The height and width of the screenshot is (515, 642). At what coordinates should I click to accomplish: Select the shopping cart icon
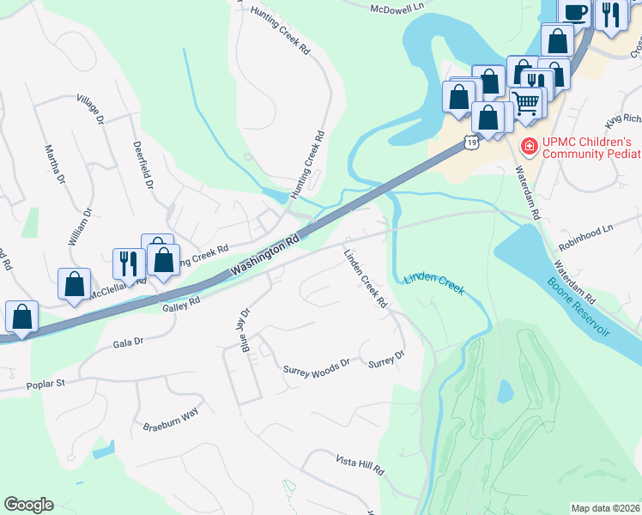[526, 104]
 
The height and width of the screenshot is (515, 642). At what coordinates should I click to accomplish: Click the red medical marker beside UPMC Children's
[530, 148]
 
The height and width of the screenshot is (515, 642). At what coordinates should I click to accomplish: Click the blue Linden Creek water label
[433, 285]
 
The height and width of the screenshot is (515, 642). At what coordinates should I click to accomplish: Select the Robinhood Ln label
[586, 230]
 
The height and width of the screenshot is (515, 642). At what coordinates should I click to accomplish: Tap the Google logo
[28, 505]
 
